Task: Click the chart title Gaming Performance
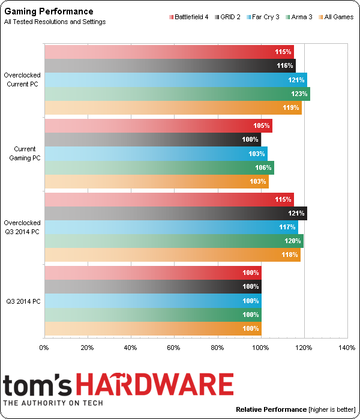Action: (49, 11)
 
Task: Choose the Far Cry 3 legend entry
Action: (263, 17)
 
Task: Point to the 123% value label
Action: (300, 94)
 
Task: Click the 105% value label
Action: (263, 126)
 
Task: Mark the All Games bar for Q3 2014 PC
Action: (152, 329)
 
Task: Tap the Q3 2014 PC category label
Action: (24, 301)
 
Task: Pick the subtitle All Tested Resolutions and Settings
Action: (55, 22)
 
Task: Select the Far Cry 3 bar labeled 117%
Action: (171, 228)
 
